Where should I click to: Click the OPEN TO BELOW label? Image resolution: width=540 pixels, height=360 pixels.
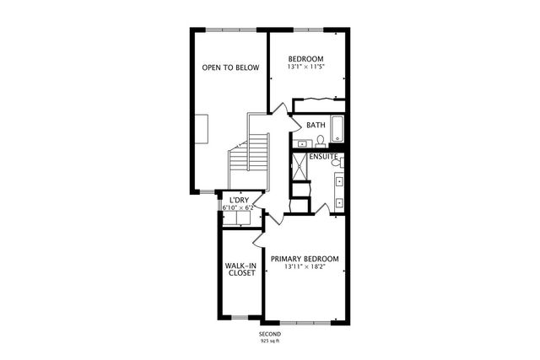(229, 67)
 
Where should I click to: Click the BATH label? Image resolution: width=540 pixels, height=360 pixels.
(316, 126)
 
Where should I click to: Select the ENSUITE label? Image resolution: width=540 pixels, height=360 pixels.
(323, 157)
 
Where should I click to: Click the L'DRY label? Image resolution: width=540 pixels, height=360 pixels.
(237, 200)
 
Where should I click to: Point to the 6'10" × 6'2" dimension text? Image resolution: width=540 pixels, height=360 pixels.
(237, 207)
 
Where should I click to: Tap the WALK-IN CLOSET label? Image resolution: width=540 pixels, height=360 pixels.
(240, 269)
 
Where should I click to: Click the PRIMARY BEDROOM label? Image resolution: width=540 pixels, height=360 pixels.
(305, 258)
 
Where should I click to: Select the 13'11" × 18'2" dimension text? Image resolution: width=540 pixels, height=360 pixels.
(305, 267)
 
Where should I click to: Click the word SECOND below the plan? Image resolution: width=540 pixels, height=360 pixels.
(270, 334)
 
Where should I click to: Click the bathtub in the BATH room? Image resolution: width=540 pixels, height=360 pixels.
(337, 129)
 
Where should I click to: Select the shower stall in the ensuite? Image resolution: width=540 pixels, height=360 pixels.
(300, 167)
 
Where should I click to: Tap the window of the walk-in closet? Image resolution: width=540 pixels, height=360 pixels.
(240, 318)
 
